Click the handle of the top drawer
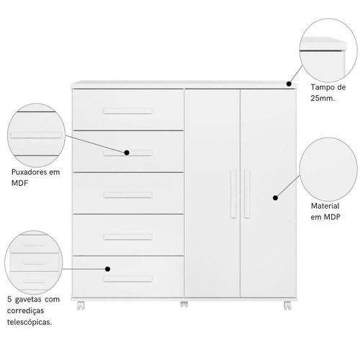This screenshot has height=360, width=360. coord(128,112)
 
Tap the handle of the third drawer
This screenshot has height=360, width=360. coord(128,195)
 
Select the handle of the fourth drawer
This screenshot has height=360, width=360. coord(128,237)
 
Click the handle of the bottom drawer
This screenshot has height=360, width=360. coord(128,279)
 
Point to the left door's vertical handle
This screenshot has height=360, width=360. coord(233,194)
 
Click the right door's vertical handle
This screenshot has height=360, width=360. coord(247,194)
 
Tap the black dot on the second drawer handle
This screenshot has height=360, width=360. coord(127,153)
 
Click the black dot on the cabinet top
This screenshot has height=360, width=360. coord(289,84)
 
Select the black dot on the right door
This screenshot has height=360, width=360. coord(276,198)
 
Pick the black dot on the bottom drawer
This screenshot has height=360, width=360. coord(108,269)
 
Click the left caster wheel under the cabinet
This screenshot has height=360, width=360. coord(81,305)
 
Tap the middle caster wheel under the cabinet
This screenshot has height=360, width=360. coord(184,304)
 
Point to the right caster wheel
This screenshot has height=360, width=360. coord(287,305)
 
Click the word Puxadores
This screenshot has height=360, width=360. coord(29,172)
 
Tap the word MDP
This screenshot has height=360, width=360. coord(332,217)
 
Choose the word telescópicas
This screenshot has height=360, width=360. coord(30,322)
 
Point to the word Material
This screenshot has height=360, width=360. coord(325,206)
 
